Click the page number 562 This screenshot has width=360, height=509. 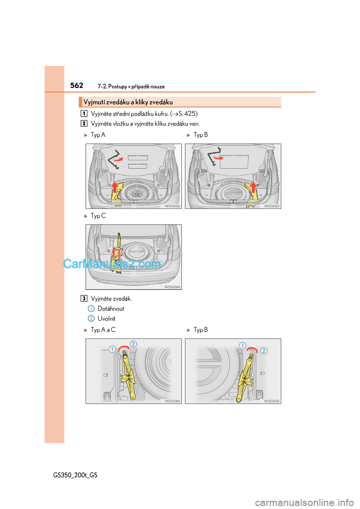pyautogui.click(x=76, y=85)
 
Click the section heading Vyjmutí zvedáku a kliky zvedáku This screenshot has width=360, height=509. pyautogui.click(x=128, y=102)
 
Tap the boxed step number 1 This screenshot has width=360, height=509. pyautogui.click(x=84, y=113)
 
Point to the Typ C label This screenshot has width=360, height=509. pyautogui.click(x=98, y=216)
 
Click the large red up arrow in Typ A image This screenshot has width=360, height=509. pyautogui.click(x=115, y=187)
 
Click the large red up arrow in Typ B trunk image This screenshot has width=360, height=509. pyautogui.click(x=253, y=187)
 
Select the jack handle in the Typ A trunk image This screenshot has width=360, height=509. pyautogui.click(x=113, y=159)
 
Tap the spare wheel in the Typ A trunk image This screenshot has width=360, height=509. pyautogui.click(x=136, y=193)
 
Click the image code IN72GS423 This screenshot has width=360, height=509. pyautogui.click(x=271, y=206)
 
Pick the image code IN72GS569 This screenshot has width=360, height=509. pyautogui.click(x=172, y=287)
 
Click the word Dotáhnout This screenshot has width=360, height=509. pyautogui.click(x=111, y=308)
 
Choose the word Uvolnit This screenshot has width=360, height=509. pyautogui.click(x=106, y=319)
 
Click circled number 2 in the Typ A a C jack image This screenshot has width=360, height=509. pyautogui.click(x=133, y=344)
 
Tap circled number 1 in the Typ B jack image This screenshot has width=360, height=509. pyautogui.click(x=243, y=346)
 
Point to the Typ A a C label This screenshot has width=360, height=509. pyautogui.click(x=103, y=330)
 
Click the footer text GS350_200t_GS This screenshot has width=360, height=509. pyautogui.click(x=75, y=475)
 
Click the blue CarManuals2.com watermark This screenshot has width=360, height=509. pyautogui.click(x=112, y=264)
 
